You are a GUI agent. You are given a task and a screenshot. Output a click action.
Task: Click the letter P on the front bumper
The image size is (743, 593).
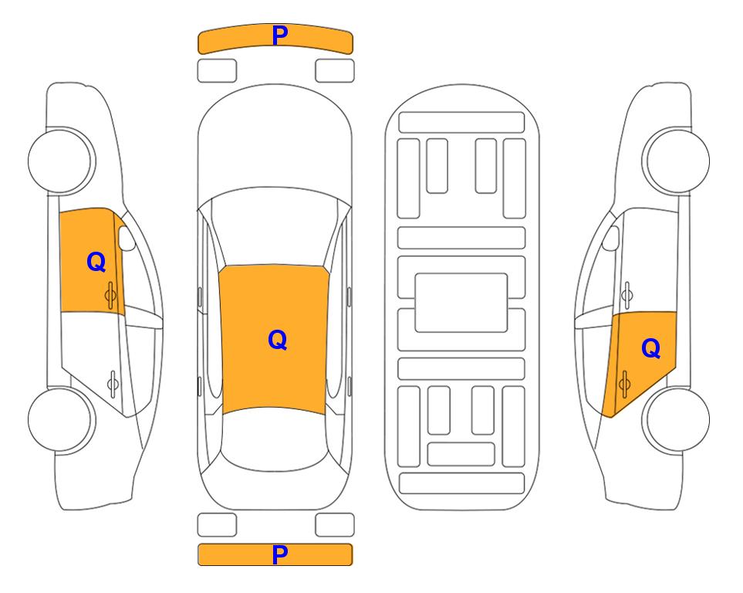(280, 35)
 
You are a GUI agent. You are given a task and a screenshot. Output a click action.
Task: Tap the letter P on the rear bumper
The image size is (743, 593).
(280, 554)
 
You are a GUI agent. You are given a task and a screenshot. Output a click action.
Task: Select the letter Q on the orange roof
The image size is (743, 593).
(278, 340)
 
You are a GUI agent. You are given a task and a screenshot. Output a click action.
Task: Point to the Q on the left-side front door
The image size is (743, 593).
(96, 262)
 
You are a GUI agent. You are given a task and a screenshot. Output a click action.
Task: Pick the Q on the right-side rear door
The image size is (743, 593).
(651, 348)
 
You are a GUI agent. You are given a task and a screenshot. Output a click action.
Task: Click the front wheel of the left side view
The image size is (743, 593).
(62, 161)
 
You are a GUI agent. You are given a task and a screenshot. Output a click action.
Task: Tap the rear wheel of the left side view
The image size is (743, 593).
(62, 419)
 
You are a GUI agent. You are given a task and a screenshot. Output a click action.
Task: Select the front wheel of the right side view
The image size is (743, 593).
(676, 161)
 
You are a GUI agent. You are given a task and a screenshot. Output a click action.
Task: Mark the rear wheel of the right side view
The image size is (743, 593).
(676, 419)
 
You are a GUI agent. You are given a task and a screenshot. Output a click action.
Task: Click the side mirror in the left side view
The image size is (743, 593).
(126, 238)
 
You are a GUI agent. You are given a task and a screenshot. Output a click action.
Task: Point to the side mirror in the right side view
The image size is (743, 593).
(611, 238)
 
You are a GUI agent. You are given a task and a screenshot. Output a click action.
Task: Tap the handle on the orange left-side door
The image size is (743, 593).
(110, 295)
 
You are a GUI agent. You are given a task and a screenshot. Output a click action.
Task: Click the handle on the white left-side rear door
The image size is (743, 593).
(113, 383)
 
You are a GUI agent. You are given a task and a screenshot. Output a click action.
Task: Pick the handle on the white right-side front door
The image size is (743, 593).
(627, 295)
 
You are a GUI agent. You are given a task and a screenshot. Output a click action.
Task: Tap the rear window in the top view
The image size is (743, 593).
(275, 439)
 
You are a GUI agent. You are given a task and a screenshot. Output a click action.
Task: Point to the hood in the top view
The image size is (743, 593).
(275, 142)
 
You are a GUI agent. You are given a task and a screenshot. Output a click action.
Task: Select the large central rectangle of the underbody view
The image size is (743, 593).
(461, 303)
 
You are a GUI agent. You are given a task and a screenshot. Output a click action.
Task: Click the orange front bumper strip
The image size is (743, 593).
(275, 39)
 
